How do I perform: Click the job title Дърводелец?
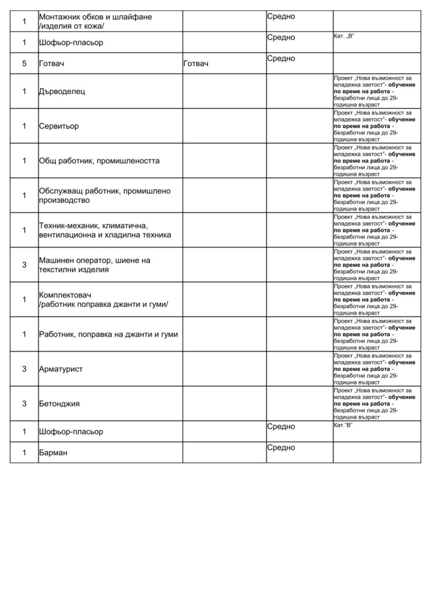[62, 91]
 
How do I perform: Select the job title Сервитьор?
[58, 126]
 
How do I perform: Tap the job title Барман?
[53, 453]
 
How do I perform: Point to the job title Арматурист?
[60, 369]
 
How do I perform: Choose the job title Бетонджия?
[59, 404]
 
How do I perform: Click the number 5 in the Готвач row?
[24, 63]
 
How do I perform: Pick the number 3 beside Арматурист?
[24, 369]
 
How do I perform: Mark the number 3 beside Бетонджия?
[24, 404]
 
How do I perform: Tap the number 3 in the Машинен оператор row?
[24, 265]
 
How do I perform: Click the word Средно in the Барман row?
[281, 448]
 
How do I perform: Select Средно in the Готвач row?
[281, 58]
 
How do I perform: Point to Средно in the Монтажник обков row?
[281, 16]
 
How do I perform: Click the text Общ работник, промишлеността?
[99, 161]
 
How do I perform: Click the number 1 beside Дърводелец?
[24, 91]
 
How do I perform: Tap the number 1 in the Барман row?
[24, 453]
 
